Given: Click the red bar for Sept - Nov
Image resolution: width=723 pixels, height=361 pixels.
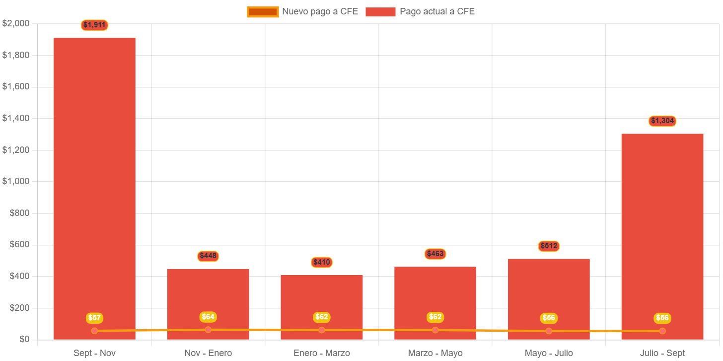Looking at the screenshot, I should [94, 174].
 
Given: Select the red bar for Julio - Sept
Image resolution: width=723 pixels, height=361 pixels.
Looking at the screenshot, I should [662, 223].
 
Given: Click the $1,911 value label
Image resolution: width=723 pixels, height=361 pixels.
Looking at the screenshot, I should [94, 25].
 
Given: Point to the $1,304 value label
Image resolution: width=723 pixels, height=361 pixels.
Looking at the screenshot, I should [662, 121].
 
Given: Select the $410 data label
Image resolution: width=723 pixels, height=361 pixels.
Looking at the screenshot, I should [322, 262].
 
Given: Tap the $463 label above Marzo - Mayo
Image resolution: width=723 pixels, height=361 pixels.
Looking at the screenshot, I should [435, 254].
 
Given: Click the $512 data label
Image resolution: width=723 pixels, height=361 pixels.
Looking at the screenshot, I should [549, 246].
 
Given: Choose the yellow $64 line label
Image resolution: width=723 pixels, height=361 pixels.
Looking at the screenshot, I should [208, 317].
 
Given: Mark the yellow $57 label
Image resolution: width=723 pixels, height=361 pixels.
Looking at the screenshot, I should [94, 318].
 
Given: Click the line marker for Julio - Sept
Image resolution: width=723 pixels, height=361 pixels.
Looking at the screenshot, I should [662, 331].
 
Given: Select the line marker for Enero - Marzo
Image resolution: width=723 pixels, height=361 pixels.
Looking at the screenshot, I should [322, 330].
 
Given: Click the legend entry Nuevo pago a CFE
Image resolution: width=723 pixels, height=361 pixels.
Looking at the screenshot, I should [302, 11].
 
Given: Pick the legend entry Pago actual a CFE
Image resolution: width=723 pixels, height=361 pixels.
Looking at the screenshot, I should [420, 11].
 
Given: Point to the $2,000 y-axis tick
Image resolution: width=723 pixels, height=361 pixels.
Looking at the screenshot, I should [16, 23].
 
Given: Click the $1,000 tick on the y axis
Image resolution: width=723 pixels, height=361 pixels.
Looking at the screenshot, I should [16, 181].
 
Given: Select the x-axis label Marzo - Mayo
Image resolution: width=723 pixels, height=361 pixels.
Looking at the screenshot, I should [435, 353].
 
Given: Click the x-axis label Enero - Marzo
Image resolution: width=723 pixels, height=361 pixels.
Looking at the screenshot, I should [322, 353].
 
